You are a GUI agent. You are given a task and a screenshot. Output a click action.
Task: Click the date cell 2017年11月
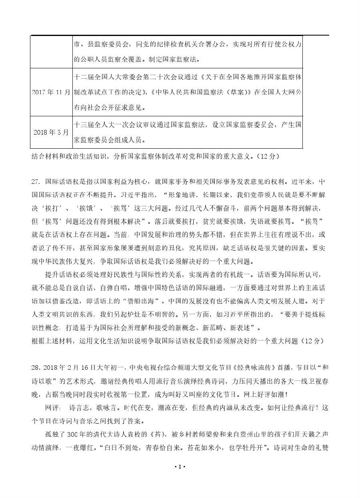51,92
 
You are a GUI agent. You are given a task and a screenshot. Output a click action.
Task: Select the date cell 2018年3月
51,132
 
